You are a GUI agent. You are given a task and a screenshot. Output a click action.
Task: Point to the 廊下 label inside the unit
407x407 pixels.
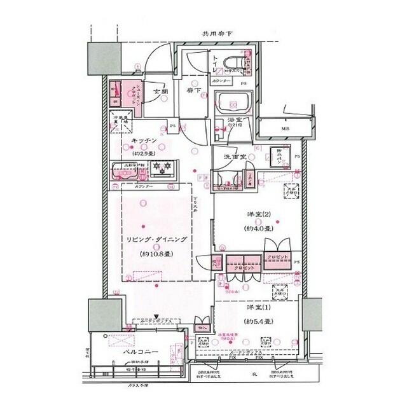pyautogui.click(x=194, y=92)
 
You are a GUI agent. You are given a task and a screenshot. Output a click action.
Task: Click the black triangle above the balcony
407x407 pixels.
pyautogui.click(x=156, y=315)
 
